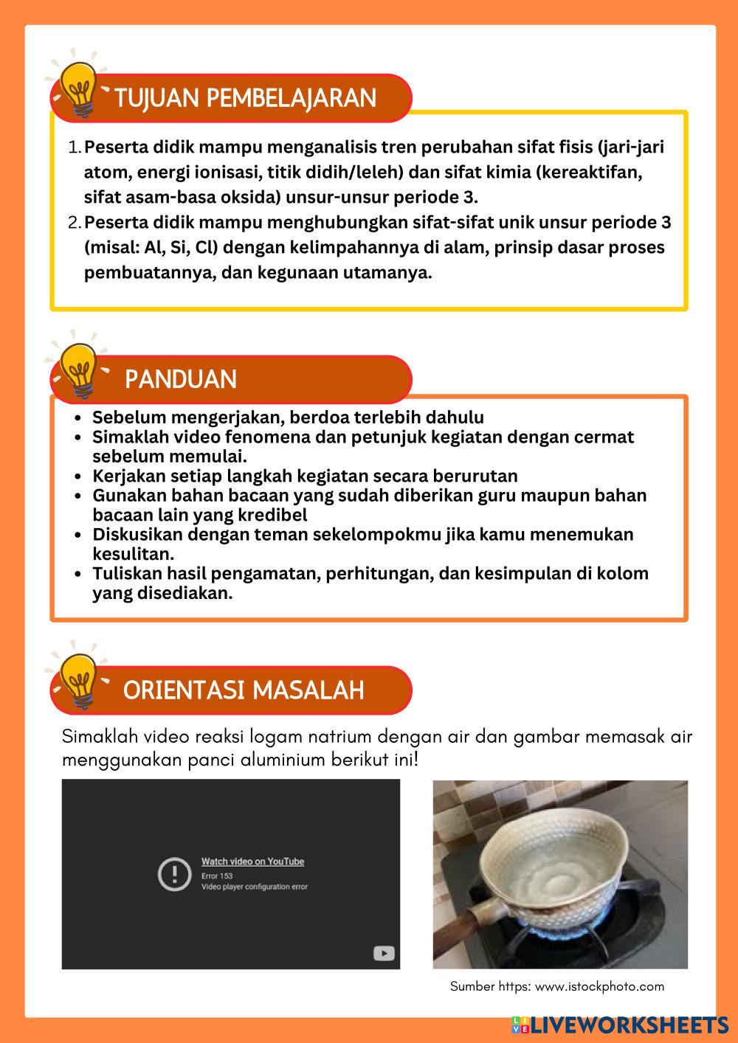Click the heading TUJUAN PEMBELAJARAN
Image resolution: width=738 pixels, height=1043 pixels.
tap(245, 98)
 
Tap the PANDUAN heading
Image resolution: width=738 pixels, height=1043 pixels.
tap(181, 379)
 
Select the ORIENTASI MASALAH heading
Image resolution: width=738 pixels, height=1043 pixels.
tap(244, 690)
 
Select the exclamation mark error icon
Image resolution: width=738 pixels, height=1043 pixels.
tap(175, 874)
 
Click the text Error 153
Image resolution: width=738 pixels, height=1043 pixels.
tap(217, 876)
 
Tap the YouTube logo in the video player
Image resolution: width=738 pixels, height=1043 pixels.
tap(384, 953)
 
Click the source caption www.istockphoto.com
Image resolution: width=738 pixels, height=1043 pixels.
tap(599, 986)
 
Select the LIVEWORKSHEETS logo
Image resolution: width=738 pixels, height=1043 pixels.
tap(620, 1025)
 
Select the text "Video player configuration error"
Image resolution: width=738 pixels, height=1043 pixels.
tap(255, 887)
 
